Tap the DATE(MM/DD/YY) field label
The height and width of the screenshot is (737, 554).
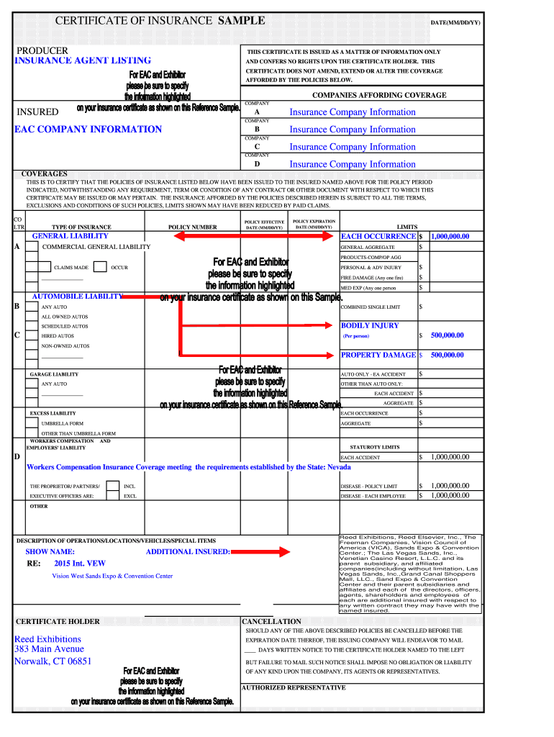coord(455,23)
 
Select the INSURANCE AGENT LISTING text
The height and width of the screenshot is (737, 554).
coord(83,61)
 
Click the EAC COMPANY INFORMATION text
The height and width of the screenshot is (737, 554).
coord(88,130)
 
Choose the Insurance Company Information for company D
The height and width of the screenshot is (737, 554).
coord(353,165)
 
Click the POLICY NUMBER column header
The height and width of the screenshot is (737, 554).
coord(192,227)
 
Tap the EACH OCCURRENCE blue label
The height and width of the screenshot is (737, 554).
coord(378,236)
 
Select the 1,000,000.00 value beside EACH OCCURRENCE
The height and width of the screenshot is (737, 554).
coord(450,236)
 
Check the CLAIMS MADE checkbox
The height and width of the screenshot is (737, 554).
coord(32,267)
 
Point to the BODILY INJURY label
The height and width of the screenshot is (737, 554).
coord(370,326)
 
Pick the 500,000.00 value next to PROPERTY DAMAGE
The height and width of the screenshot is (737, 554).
coord(448,356)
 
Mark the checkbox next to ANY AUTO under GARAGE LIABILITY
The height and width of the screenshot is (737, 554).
coord(32,384)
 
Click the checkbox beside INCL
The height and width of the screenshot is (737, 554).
coord(112,487)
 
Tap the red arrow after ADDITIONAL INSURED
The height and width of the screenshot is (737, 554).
coord(272,552)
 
